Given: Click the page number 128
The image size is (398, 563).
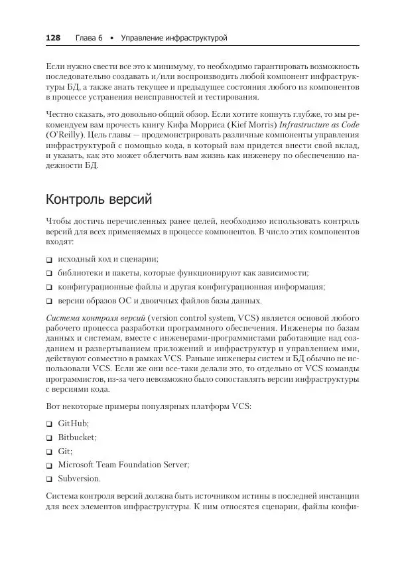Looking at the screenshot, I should coord(52,39).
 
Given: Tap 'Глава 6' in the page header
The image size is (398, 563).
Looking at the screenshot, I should coord(88,39).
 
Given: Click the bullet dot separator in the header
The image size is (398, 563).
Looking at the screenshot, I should coord(111,39).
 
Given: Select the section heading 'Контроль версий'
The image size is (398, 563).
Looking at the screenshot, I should coord(99,199).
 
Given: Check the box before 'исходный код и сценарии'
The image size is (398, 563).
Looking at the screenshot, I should coord(50,260).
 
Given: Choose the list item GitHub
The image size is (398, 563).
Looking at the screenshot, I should coord(73,424).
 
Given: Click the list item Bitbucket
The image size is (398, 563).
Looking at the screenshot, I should coord(77,438).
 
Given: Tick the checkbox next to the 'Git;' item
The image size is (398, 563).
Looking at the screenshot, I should coord(50,451).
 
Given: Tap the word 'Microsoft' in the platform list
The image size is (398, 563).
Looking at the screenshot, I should coord(78,465).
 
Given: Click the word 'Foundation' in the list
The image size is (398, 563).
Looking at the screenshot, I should coord(155,465).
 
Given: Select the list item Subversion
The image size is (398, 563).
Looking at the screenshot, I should coord(80,479).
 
